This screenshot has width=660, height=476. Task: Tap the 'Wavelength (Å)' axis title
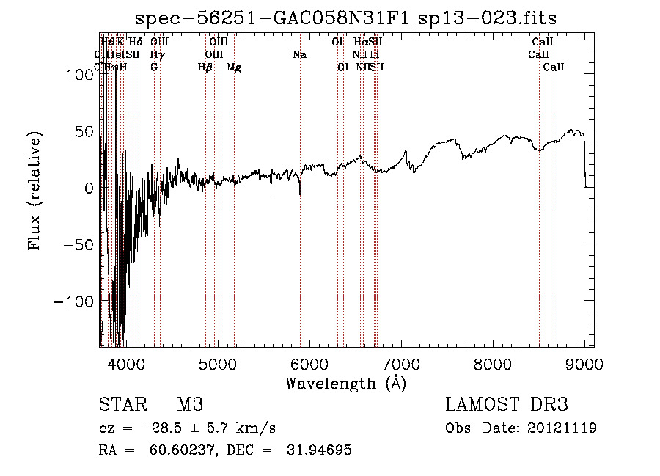(x=345, y=383)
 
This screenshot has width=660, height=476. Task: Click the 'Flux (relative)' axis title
(x=35, y=191)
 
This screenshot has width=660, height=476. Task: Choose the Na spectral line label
(x=299, y=55)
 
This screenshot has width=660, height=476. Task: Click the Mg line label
(x=234, y=67)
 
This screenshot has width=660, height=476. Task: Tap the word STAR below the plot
(x=122, y=405)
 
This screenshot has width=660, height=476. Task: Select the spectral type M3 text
(x=189, y=405)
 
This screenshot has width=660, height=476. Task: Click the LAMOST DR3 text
(x=506, y=405)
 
